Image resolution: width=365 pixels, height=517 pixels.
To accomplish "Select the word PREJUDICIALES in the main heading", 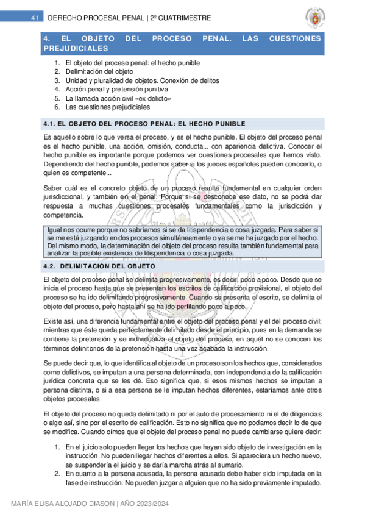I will click(76, 48).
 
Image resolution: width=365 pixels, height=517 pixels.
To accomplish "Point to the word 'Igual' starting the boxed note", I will click(56, 229).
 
